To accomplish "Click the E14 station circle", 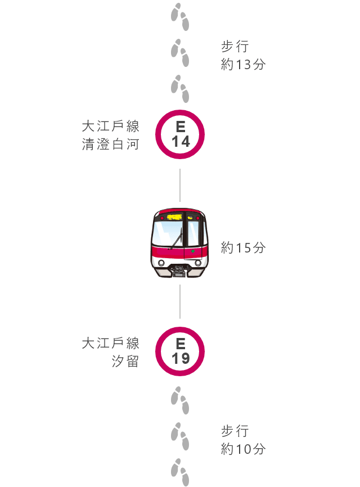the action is tap(159, 134).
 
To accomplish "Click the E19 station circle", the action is tap(159, 351).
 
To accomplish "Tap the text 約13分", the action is tap(243, 65).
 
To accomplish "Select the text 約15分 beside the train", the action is tap(243, 248).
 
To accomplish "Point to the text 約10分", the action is tap(243, 449).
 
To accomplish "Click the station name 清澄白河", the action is tap(111, 145).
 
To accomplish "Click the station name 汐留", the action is tap(125, 361).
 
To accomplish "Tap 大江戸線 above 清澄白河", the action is tap(111, 127).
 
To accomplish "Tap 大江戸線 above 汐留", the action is tap(111, 343).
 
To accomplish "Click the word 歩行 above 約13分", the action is tap(235, 47).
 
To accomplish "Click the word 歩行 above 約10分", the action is tap(235, 431).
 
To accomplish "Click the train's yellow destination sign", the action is tap(174, 217).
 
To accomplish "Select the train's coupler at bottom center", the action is tap(179, 270).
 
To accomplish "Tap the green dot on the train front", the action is tap(193, 251).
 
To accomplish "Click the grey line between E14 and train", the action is tap(180, 185).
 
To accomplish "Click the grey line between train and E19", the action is tap(180, 301).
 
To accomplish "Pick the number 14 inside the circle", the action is tap(181, 142).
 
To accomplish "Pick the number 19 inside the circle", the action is tap(181, 359).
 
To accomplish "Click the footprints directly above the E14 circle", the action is tap(180, 88).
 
